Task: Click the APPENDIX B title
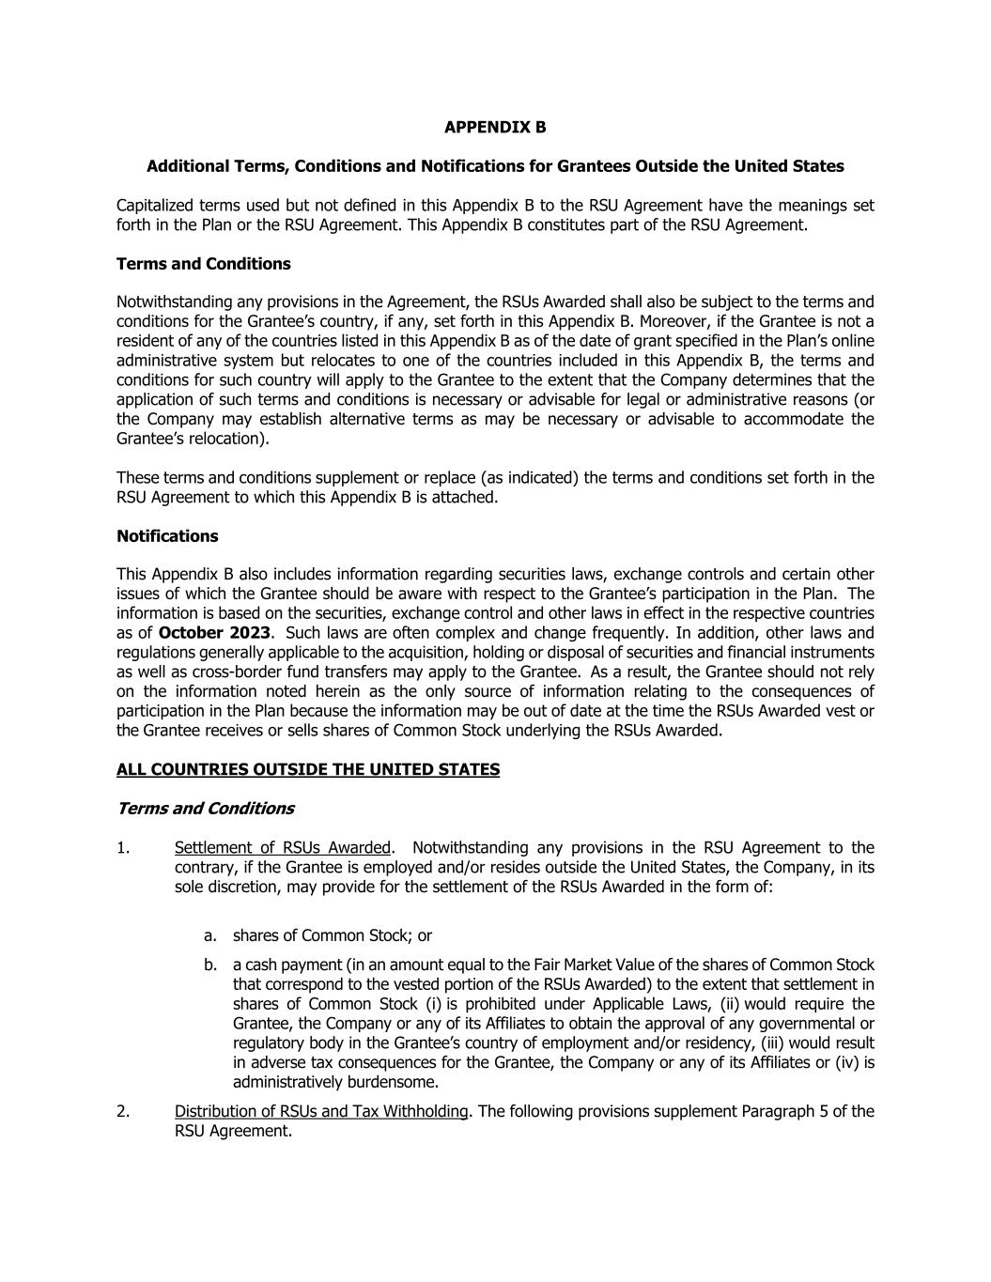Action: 495,127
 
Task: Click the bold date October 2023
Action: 214,632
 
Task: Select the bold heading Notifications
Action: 167,536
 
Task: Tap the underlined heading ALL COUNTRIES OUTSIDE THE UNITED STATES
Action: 308,769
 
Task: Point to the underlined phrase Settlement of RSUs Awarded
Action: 282,848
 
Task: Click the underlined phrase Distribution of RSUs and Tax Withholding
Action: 321,1111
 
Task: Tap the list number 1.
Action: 123,848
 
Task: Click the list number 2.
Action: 123,1111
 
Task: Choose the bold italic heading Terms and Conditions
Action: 205,809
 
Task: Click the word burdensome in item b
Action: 395,1082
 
